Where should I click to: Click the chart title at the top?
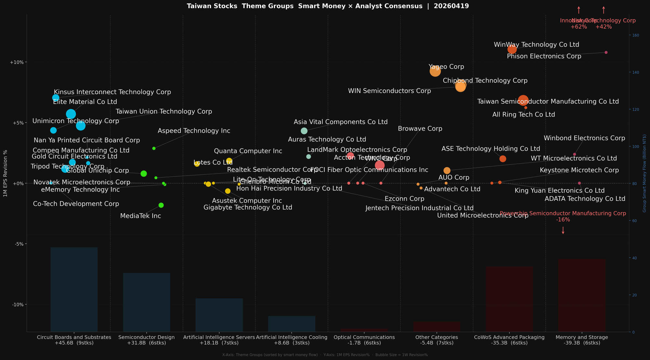click(x=328, y=6)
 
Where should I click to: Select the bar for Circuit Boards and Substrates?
click(x=74, y=289)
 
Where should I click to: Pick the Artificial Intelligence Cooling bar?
click(x=292, y=324)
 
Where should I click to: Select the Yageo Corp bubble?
click(x=435, y=71)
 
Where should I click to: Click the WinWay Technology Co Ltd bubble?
click(x=512, y=49)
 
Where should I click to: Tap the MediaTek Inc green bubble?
click(x=161, y=205)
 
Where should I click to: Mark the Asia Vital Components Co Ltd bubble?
click(x=304, y=131)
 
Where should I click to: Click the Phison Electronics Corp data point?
click(x=606, y=52)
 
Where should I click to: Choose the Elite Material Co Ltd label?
click(x=85, y=102)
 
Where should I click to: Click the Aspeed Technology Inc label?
click(x=194, y=131)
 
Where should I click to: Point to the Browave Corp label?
click(x=420, y=129)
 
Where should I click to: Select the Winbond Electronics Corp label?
click(x=584, y=138)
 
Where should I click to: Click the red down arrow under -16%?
click(x=563, y=230)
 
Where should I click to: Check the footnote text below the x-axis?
click(x=325, y=355)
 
